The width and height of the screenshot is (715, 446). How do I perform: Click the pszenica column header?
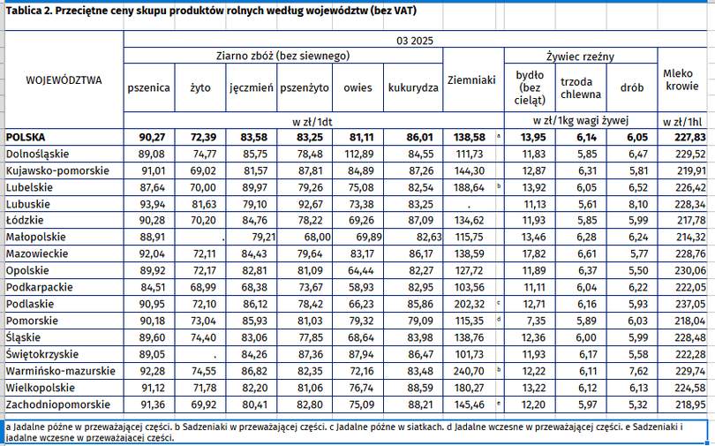(x=148, y=87)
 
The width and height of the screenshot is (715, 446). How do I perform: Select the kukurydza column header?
(x=413, y=87)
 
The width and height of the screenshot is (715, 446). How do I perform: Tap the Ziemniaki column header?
(x=471, y=80)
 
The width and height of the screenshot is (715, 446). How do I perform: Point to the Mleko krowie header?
(x=682, y=79)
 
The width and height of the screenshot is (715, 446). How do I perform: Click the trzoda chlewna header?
(x=581, y=88)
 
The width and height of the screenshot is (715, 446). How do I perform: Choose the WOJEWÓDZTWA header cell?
(x=64, y=80)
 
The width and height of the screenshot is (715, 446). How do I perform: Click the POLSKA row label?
(x=26, y=137)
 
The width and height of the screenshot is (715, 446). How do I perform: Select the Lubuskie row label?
(x=28, y=204)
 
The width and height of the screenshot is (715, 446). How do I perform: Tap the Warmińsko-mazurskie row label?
(x=61, y=371)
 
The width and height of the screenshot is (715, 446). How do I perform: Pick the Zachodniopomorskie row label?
(x=58, y=404)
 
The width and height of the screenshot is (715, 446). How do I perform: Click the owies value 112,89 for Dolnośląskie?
(x=359, y=155)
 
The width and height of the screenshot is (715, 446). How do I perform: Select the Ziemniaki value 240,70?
(x=469, y=371)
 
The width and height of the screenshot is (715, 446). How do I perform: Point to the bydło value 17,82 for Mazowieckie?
(x=534, y=254)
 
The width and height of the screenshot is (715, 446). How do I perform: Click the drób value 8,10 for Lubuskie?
(x=638, y=204)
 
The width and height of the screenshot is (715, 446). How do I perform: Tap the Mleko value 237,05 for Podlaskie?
(x=690, y=304)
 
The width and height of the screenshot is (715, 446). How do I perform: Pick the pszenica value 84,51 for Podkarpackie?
(x=153, y=287)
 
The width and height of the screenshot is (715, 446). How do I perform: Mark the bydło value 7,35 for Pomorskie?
(x=537, y=321)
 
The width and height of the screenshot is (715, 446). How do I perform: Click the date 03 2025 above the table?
(x=415, y=41)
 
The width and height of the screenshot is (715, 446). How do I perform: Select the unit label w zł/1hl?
(x=682, y=121)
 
